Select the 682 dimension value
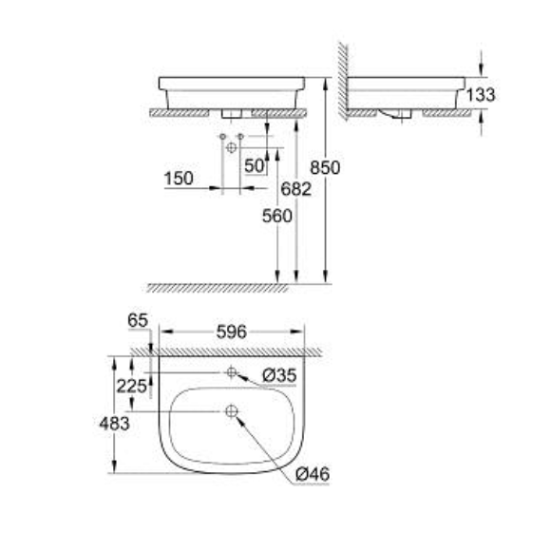pyautogui.click(x=296, y=189)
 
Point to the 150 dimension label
pyautogui.click(x=178, y=178)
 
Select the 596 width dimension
pyautogui.click(x=231, y=332)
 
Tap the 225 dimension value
pyautogui.click(x=133, y=385)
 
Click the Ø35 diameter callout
pyautogui.click(x=279, y=376)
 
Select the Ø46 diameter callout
pyautogui.click(x=312, y=473)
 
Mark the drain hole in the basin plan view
pyautogui.click(x=231, y=411)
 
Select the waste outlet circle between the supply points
pyautogui.click(x=231, y=148)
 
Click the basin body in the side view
pyautogui.click(x=408, y=92)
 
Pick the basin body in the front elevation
pyautogui.click(x=233, y=90)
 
